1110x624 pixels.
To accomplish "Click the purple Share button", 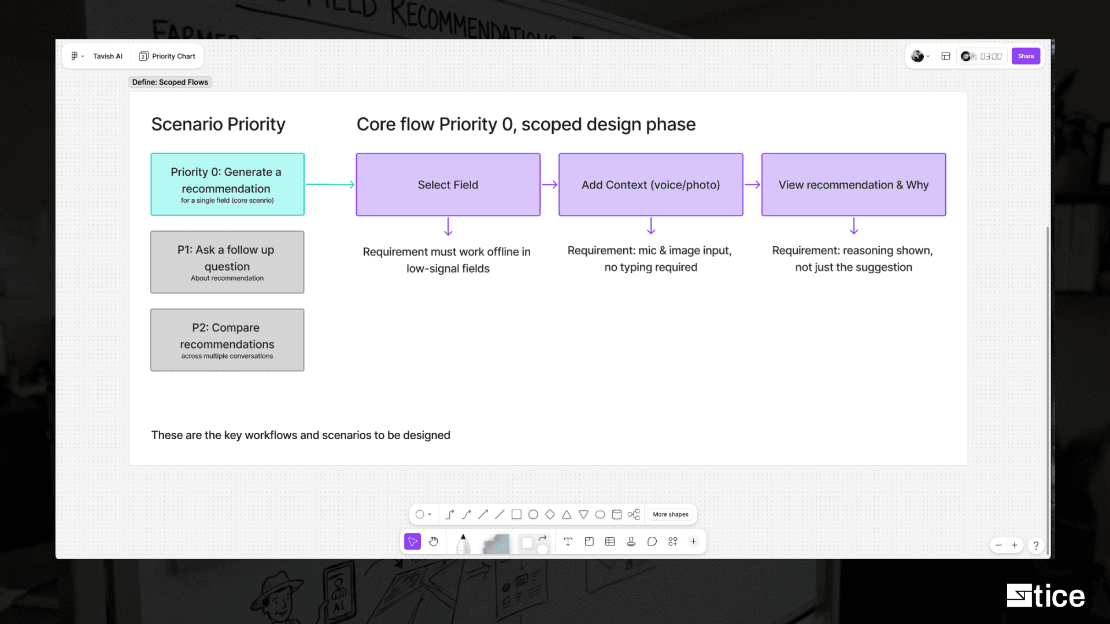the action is coord(1026,56).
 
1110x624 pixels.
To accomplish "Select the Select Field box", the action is coord(448,184).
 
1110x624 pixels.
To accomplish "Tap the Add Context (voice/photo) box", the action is coord(650,184).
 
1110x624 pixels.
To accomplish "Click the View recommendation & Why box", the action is coord(853,184).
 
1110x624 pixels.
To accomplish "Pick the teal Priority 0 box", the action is coord(227,184).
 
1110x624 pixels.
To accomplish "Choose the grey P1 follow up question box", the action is coord(227,262).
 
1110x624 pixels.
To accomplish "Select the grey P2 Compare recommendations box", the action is coord(227,340).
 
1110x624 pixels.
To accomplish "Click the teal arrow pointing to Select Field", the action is coord(330,184).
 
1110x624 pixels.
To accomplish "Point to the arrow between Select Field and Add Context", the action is coord(550,184).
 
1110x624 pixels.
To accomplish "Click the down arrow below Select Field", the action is coord(448,226).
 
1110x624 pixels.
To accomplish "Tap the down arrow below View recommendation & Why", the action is coord(854,226).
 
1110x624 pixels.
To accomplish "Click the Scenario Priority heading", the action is coord(218,124).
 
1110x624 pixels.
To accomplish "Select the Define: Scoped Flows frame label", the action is coord(170,82).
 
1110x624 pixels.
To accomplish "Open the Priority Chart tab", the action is coord(167,56).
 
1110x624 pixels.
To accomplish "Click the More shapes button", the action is coord(671,514).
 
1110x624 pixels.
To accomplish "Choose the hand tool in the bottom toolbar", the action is coord(434,541).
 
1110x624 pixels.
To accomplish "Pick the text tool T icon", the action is coord(568,541).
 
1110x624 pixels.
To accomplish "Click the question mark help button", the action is coord(1036,545).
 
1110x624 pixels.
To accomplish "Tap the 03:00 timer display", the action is coord(991,56).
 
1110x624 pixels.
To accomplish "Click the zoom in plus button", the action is coord(1015,545).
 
